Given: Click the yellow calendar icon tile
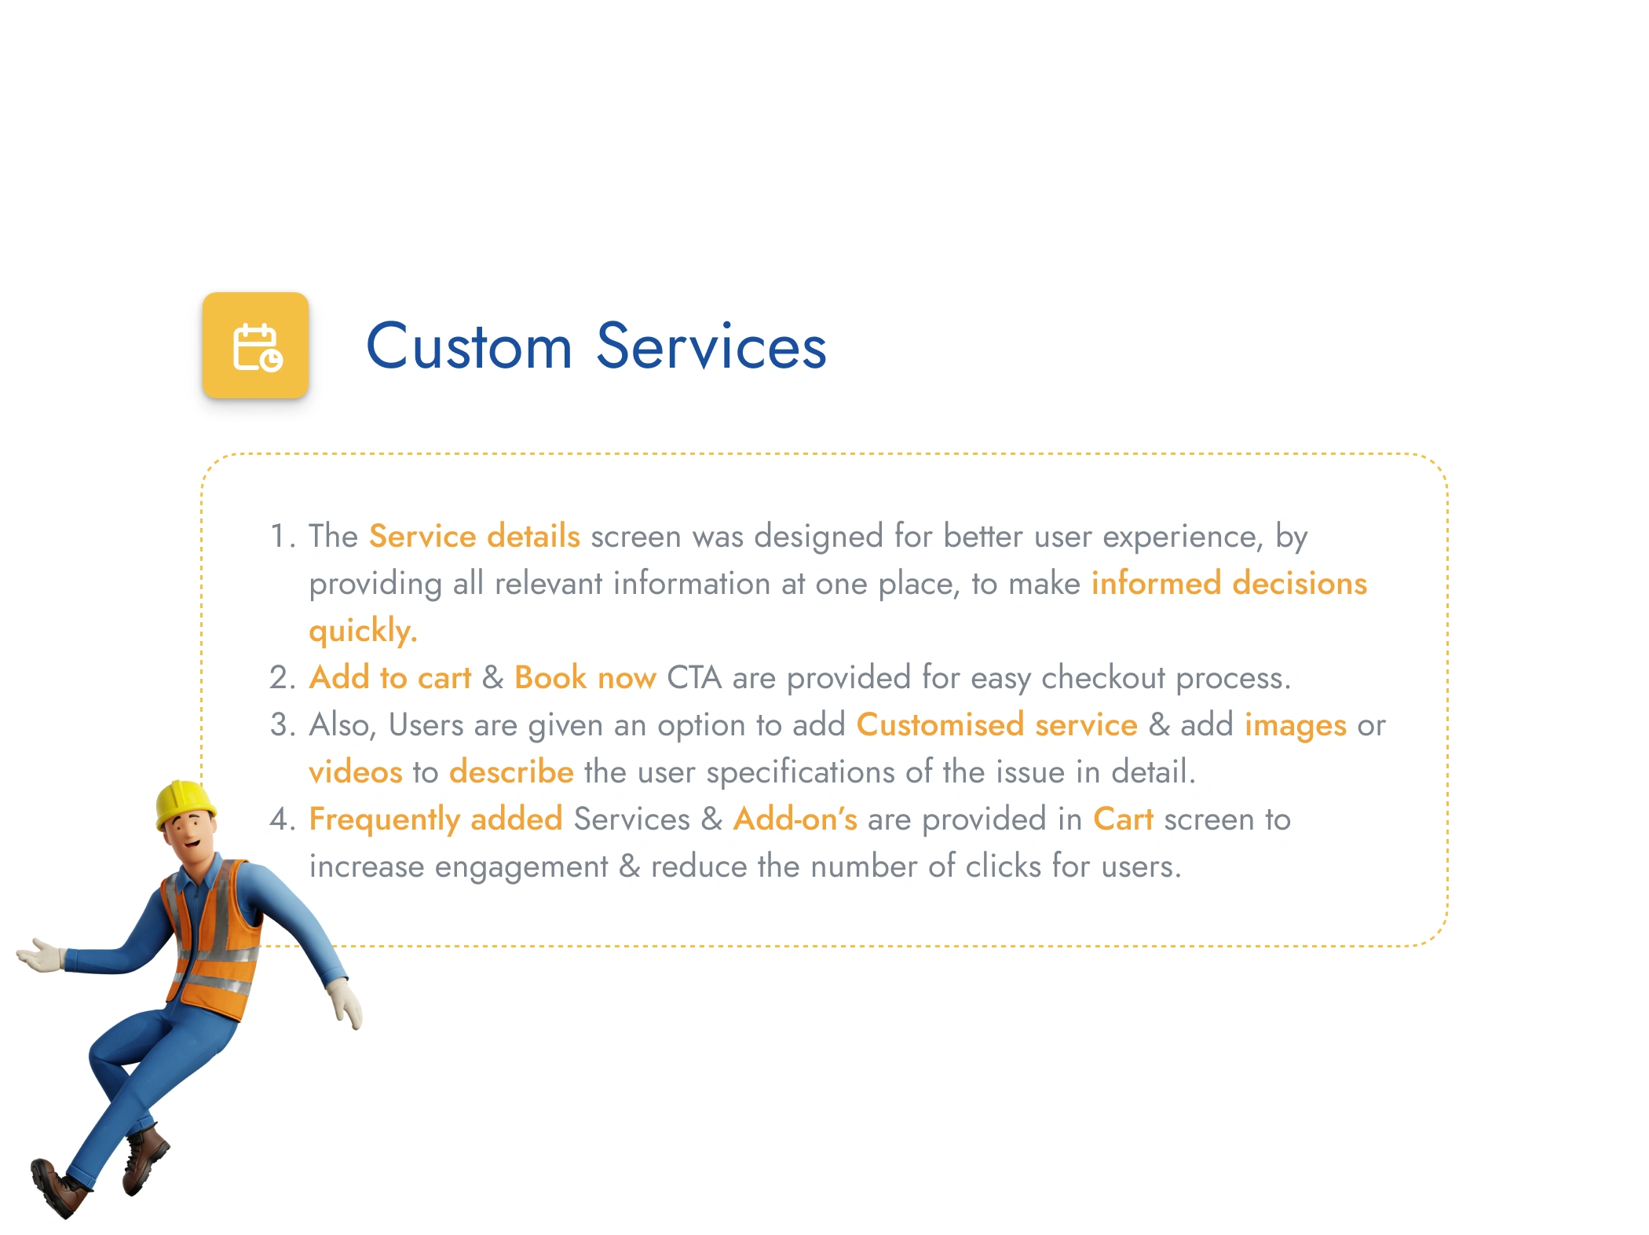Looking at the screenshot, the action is click(255, 345).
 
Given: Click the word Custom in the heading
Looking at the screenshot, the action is click(469, 346).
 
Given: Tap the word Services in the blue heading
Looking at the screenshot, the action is click(711, 346).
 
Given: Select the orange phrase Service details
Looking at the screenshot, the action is click(474, 536).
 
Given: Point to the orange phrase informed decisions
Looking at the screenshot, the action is click(1229, 583).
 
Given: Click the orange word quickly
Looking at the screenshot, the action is click(363, 632).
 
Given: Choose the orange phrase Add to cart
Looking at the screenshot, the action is click(389, 677).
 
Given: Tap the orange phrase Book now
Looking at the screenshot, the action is click(585, 677).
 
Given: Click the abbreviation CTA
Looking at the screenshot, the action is click(694, 677).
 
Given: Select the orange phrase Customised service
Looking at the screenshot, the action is click(996, 724).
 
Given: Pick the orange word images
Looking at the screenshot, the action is click(1296, 726).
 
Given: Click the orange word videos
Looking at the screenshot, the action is click(355, 771).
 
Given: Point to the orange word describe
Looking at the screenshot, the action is click(511, 771).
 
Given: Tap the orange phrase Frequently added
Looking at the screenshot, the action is click(436, 820).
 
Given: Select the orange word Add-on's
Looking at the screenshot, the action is click(795, 819).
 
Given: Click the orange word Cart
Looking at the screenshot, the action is click(1123, 819).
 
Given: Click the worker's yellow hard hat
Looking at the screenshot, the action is click(185, 803).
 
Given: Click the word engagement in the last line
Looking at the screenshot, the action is click(521, 867).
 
